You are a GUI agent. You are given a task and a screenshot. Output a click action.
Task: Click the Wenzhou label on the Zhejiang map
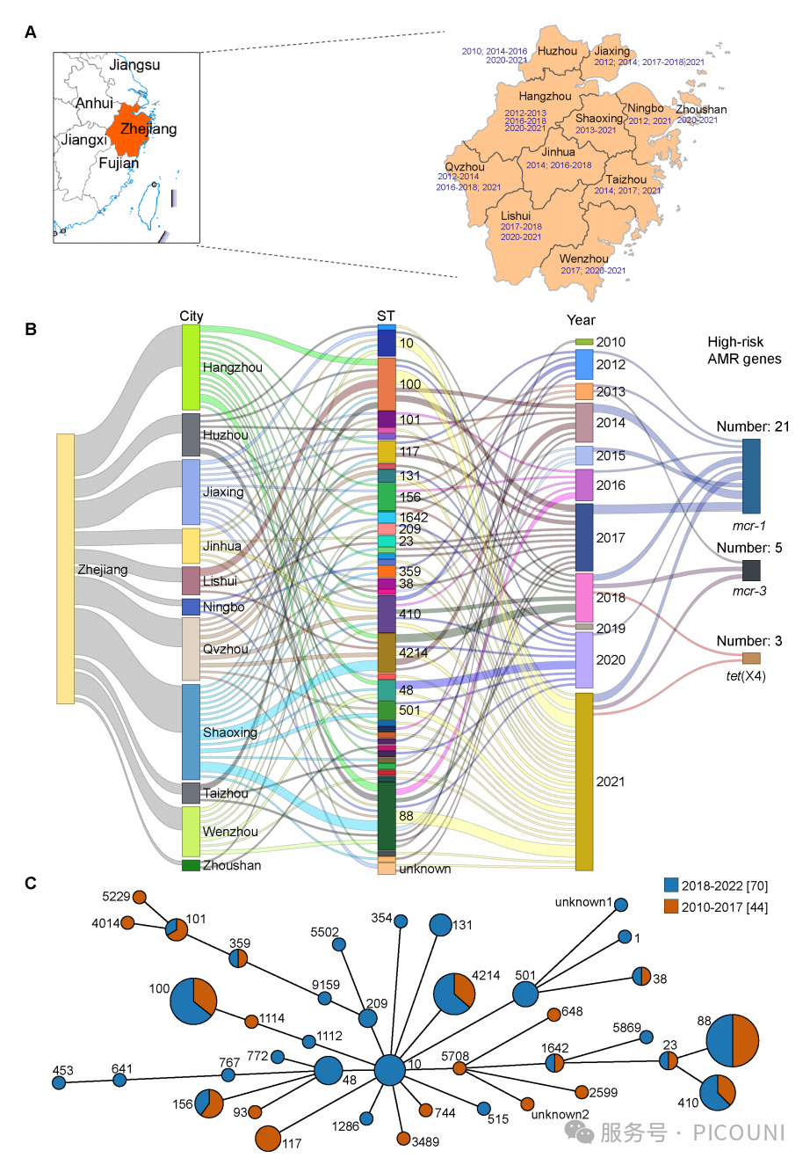[x=583, y=258]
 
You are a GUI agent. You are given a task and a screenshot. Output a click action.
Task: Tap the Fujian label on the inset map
[x=119, y=163]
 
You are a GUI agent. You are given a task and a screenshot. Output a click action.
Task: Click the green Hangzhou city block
[x=191, y=367]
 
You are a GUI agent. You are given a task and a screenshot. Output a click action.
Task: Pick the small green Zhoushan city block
[x=191, y=865]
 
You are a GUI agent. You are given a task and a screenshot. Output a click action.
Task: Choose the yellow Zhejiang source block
[x=65, y=568]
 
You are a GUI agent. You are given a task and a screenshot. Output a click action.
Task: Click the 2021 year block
[x=584, y=781]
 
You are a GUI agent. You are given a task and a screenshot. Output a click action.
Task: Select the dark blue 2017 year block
[x=584, y=537]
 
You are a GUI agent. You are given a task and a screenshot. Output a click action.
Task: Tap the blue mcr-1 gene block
[x=751, y=476]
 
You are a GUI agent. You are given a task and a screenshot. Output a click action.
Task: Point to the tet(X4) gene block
[x=751, y=659]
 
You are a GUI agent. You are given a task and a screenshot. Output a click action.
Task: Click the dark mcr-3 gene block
[x=751, y=570]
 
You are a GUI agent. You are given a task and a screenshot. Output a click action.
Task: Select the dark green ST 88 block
[x=387, y=815]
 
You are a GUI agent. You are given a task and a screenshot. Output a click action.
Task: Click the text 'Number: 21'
[x=752, y=426]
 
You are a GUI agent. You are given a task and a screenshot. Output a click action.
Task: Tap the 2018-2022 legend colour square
[x=671, y=885]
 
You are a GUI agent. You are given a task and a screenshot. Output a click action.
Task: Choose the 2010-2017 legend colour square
[x=671, y=907]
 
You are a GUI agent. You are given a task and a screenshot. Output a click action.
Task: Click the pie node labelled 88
[x=733, y=1040]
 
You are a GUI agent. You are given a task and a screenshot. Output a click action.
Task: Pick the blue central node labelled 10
[x=389, y=1070]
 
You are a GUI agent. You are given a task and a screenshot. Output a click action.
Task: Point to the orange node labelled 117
[x=268, y=1138]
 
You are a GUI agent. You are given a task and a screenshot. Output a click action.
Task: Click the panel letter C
[x=31, y=883]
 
